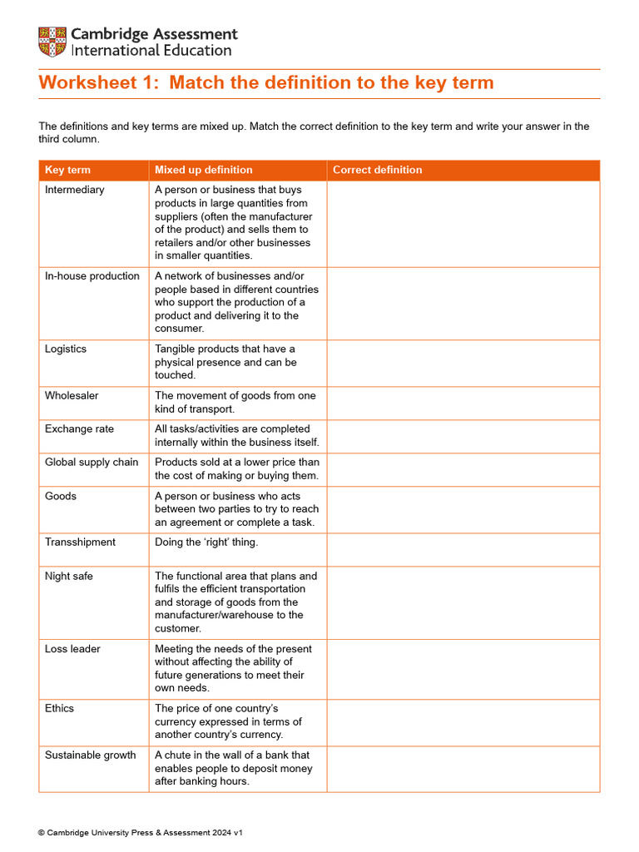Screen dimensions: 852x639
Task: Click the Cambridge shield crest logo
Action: [x=52, y=42]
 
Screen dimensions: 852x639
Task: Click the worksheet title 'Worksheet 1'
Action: [x=265, y=82]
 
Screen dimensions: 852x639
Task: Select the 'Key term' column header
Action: [x=67, y=170]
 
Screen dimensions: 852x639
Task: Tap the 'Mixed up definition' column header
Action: [x=203, y=170]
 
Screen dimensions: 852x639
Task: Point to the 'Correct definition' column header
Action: [x=377, y=170]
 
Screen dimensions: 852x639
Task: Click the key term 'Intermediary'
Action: [x=74, y=190]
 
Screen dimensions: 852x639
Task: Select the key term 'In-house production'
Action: [x=92, y=276]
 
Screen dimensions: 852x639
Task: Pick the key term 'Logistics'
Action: [x=65, y=349]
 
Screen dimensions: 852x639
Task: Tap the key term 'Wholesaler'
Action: [x=71, y=396]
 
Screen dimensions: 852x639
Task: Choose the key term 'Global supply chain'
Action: [x=91, y=463]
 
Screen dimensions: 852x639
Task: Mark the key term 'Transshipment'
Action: [x=80, y=542]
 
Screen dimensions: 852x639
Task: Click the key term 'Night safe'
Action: [x=68, y=576]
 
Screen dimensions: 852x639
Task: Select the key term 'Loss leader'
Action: [x=72, y=649]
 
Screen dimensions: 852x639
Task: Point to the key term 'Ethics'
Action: [x=59, y=709]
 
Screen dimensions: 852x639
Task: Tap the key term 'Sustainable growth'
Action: [x=90, y=755]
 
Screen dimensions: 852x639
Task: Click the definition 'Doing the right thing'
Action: [x=206, y=542]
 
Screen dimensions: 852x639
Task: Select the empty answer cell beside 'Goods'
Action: [x=463, y=509]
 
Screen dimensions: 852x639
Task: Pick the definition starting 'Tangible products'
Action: [x=225, y=362]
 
